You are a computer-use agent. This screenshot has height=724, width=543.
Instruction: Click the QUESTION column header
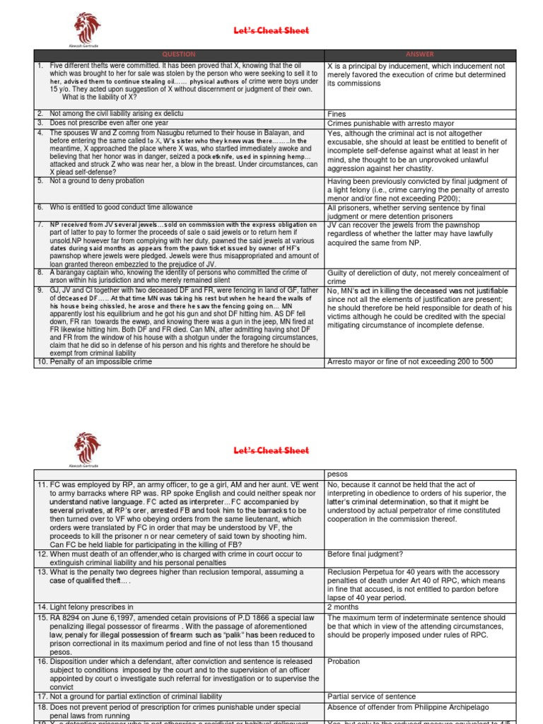pyautogui.click(x=179, y=54)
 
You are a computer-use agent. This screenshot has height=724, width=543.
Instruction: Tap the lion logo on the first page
pyautogui.click(x=88, y=28)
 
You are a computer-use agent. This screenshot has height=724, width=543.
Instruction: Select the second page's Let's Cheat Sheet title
pyautogui.click(x=271, y=450)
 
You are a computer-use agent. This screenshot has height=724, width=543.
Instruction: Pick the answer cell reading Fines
pyautogui.click(x=337, y=113)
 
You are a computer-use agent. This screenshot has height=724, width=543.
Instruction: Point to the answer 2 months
pyautogui.click(x=343, y=586)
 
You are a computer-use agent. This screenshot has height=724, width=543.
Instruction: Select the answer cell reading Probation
pyautogui.click(x=344, y=661)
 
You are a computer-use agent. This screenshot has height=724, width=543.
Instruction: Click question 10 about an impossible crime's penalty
pyautogui.click(x=93, y=362)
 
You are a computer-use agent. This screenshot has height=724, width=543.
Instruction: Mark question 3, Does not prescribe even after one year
pyautogui.click(x=100, y=122)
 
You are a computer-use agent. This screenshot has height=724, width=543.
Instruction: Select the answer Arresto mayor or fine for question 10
pyautogui.click(x=410, y=362)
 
